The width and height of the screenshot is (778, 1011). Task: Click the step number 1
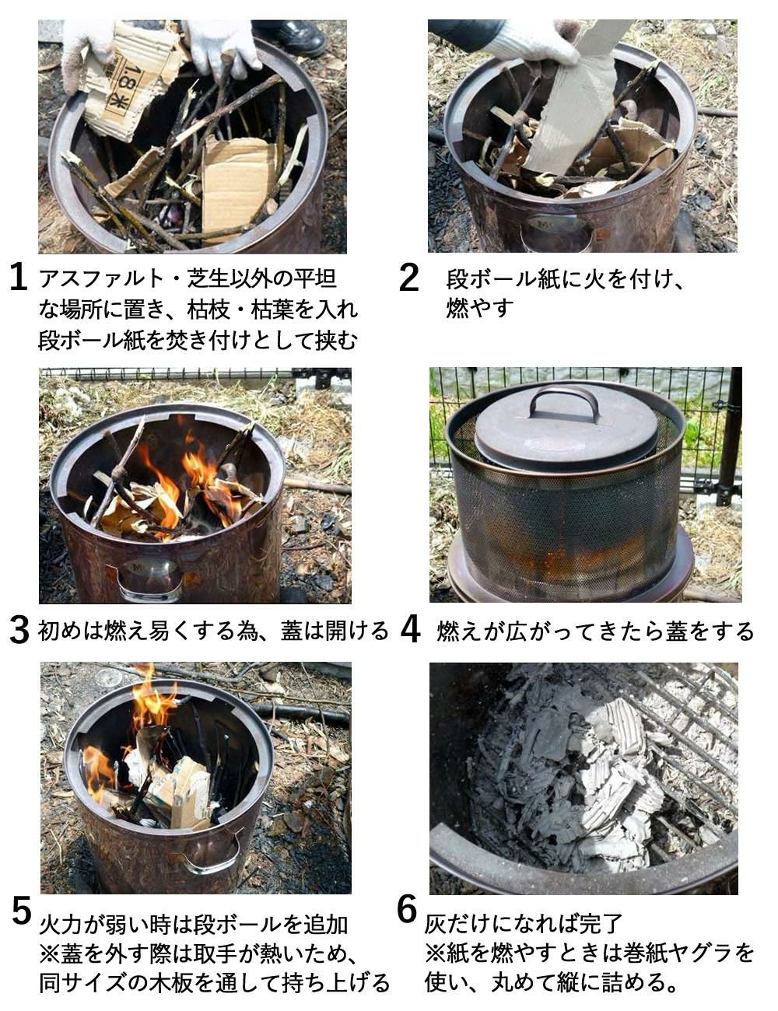click(x=19, y=278)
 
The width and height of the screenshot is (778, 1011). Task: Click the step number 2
click(x=408, y=278)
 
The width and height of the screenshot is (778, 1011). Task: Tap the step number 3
click(x=19, y=630)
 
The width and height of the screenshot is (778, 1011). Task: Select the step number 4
click(x=410, y=630)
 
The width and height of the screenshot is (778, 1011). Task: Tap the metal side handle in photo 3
click(x=149, y=583)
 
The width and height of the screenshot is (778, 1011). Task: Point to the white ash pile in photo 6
click(x=591, y=778)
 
